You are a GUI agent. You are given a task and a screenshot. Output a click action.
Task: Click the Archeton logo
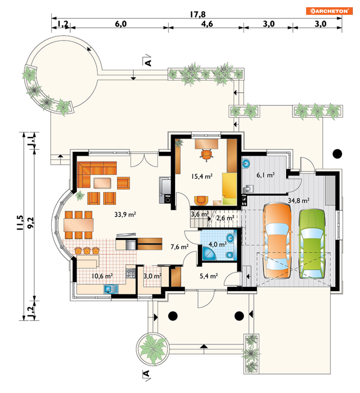coord(329,11)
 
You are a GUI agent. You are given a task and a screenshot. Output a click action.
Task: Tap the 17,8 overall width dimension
coord(198,14)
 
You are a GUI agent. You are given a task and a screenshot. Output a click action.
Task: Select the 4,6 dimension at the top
coord(207,24)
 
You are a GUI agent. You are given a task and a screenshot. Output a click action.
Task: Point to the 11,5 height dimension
coord(20,223)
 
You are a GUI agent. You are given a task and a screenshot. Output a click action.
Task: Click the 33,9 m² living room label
coord(125,215)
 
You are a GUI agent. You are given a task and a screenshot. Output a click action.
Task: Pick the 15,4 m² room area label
coord(202,177)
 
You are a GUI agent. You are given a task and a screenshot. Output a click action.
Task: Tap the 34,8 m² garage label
coord(298,200)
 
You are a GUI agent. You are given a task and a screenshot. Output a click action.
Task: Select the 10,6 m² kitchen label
coord(102,276)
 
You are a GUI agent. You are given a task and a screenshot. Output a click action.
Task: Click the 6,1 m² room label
coord(265,175)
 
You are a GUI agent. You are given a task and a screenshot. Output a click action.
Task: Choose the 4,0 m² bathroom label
coord(217,244)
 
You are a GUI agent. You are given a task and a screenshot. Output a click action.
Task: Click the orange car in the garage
coord(277,241)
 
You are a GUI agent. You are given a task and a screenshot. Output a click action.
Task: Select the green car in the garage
coord(312,244)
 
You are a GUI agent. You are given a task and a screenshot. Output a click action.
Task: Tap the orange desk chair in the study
coord(206,154)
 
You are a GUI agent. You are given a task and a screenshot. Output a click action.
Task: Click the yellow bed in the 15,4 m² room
coord(229,189)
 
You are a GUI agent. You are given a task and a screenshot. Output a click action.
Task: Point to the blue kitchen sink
coord(111,289)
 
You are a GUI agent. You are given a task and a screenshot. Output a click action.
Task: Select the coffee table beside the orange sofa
coord(102,183)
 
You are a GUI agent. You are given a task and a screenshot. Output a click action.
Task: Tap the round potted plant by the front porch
coord(153,349)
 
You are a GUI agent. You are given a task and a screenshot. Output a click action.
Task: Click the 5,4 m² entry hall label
coord(208,276)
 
